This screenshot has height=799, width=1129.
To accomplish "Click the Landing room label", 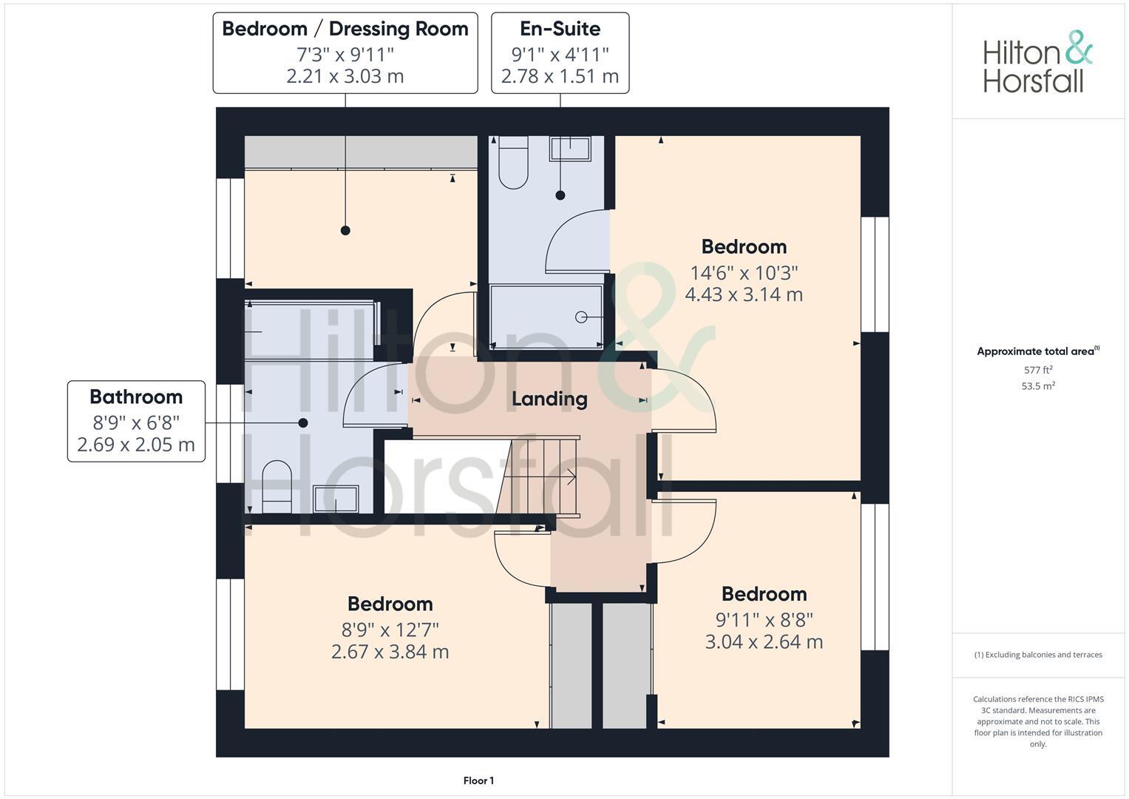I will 549,399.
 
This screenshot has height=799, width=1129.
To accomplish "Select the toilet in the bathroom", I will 277,487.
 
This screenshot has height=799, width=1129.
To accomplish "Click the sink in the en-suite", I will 570,148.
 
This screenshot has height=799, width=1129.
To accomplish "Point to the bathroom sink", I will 336,499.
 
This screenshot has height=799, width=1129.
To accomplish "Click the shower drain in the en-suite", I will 581,317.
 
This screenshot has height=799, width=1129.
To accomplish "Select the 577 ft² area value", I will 1038,370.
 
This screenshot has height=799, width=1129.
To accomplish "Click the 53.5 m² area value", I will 1038,386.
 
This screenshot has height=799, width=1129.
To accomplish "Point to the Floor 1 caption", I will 478,781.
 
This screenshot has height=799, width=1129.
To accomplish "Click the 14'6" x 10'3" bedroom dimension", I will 744,273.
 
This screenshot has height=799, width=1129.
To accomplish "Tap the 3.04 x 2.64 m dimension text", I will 764,641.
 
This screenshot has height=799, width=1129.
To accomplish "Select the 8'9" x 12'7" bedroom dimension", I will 390,630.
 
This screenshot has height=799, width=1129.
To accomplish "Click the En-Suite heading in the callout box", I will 560,29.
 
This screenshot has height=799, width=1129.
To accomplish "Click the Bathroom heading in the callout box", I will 136,397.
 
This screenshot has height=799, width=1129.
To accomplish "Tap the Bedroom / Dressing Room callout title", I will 345,29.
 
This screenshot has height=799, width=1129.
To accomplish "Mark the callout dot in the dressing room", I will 345,231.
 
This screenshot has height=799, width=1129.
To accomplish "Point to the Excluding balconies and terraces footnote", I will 1038,655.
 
